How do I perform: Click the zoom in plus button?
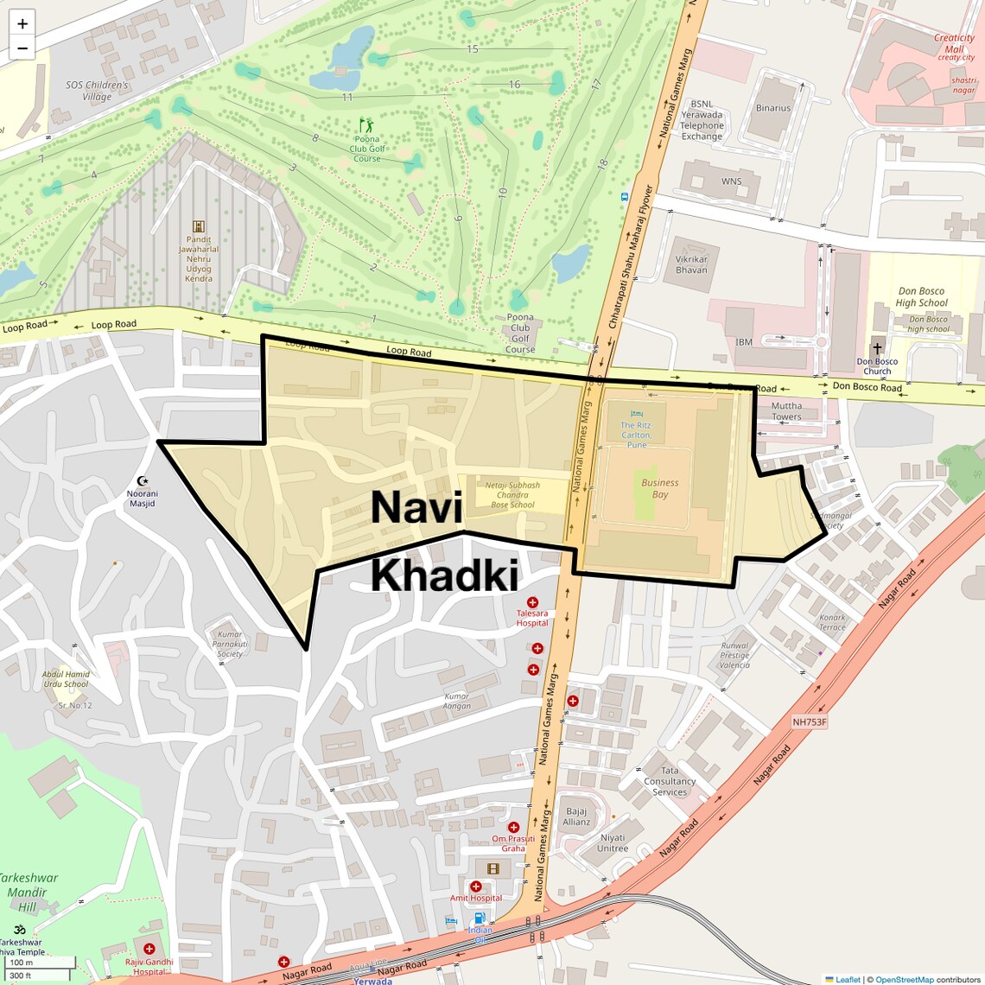click(22, 23)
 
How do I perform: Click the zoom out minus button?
click(22, 48)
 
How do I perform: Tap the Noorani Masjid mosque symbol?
click(143, 480)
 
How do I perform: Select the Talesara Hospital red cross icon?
click(532, 602)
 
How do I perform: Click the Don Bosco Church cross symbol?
click(877, 349)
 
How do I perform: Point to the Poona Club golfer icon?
click(366, 125)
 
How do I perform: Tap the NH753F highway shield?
click(810, 721)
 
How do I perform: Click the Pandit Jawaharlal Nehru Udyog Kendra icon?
click(199, 226)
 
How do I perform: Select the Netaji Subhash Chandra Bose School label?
click(512, 495)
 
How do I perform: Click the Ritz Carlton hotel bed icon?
click(637, 415)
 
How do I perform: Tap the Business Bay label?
click(660, 488)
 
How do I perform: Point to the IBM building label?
click(744, 342)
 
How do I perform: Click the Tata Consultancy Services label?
click(670, 781)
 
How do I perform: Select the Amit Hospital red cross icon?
click(475, 886)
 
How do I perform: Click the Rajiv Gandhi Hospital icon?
click(149, 949)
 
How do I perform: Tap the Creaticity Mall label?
click(954, 43)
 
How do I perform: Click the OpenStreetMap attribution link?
click(905, 979)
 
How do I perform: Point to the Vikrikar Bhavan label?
click(691, 264)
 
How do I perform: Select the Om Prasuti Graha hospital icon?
click(513, 827)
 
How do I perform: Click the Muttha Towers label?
click(786, 411)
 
